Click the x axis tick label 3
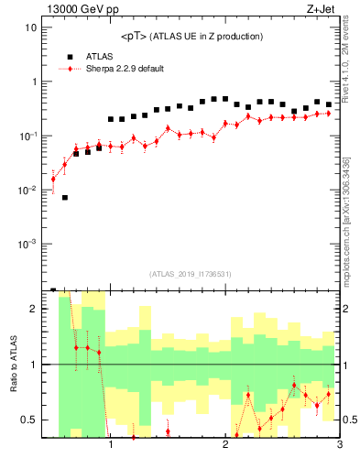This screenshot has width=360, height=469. click(x=339, y=447)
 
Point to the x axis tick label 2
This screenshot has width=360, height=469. click(x=225, y=447)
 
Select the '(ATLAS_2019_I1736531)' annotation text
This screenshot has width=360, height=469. click(x=191, y=274)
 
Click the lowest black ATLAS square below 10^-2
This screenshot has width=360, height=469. click(x=65, y=197)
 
